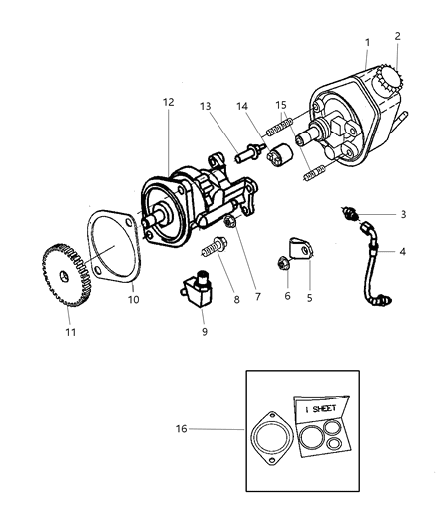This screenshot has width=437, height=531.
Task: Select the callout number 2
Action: pos(397,36)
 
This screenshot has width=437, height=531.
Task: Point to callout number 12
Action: pos(168,103)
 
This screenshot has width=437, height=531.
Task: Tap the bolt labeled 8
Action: pos(214,245)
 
